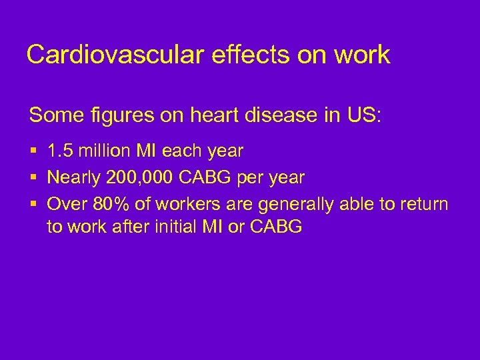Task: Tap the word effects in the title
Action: tap(237, 55)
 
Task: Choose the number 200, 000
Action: tap(141, 178)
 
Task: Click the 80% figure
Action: tap(107, 204)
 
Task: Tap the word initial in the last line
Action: tap(178, 227)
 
